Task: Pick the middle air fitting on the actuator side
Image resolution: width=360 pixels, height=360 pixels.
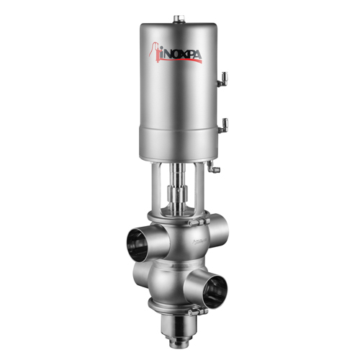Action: click(224, 123)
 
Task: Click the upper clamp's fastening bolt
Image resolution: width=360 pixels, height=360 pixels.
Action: click(193, 224)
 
